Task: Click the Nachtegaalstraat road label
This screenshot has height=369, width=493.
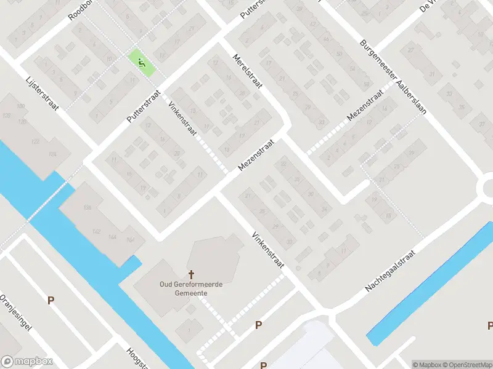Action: [391, 271]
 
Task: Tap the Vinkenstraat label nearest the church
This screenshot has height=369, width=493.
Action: [267, 251]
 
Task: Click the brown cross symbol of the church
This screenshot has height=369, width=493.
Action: [191, 274]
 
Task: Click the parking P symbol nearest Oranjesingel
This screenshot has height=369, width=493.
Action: [51, 300]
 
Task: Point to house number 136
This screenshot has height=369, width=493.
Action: [87, 208]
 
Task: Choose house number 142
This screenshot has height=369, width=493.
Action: [96, 231]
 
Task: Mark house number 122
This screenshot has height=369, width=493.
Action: [36, 141]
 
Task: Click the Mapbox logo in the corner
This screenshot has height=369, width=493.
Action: [26, 362]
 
